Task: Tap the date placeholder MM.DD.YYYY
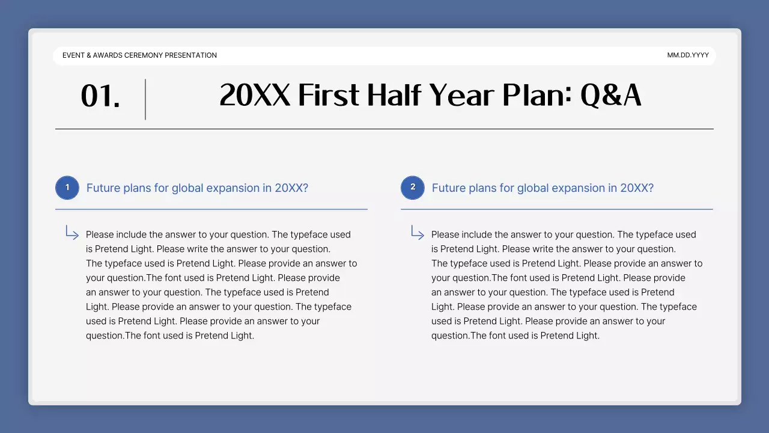click(x=688, y=55)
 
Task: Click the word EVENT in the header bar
click(x=73, y=55)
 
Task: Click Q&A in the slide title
click(x=610, y=96)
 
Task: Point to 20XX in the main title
click(x=255, y=96)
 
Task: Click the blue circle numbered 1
click(x=67, y=188)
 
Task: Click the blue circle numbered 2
click(x=413, y=188)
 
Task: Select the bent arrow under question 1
click(x=72, y=233)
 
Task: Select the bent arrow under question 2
click(x=418, y=233)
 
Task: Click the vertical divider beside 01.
click(x=145, y=99)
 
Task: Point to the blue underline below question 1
click(x=211, y=209)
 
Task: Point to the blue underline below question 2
click(x=556, y=209)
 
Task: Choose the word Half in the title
click(x=395, y=96)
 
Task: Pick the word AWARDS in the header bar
click(x=108, y=55)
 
